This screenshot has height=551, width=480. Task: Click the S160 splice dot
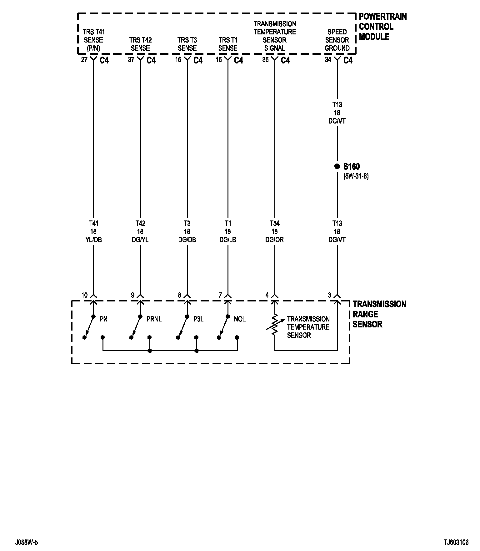337,167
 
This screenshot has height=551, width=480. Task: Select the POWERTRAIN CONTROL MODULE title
382,27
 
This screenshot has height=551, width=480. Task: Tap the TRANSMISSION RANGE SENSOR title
379,314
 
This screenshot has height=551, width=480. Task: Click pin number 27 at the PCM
84,60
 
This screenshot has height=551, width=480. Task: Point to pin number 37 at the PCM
131,60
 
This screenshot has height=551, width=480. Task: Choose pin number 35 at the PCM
265,60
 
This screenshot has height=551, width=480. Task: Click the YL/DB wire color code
93,240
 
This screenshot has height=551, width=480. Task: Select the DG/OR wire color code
274,240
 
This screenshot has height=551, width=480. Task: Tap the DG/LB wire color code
227,240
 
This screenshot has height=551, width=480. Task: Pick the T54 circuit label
274,223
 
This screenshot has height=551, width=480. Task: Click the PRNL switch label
154,319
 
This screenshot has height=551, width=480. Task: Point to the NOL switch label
240,319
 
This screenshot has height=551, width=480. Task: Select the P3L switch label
198,319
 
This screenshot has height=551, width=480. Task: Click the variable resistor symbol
274,325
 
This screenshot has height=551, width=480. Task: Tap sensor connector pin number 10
84,295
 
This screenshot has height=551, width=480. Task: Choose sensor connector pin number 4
267,295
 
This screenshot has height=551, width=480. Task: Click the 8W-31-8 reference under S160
356,176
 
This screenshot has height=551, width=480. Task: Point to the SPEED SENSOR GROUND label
337,40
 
